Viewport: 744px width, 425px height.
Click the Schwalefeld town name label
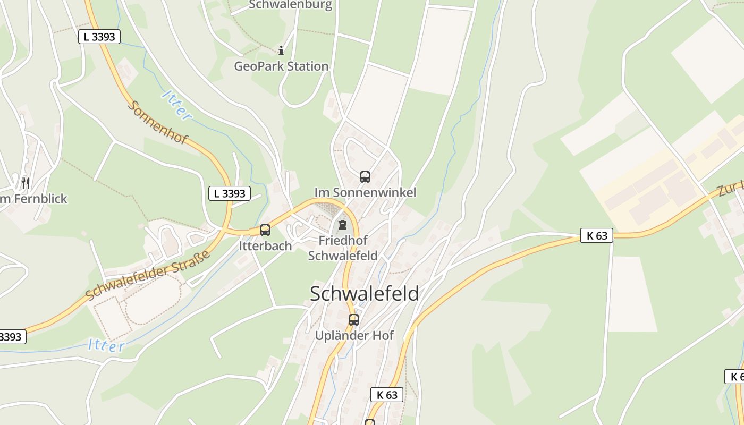click(x=364, y=293)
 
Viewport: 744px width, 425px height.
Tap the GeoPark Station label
click(x=281, y=66)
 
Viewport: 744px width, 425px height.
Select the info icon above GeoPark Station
click(x=281, y=51)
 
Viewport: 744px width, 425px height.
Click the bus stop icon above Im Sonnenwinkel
click(x=365, y=177)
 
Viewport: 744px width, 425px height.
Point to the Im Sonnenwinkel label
click(x=365, y=192)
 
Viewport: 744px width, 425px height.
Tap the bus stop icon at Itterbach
click(x=265, y=230)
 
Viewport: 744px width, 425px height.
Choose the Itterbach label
click(x=265, y=246)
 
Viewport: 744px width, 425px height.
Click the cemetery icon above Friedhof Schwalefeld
click(x=343, y=225)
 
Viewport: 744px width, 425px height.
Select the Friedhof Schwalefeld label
click(x=343, y=248)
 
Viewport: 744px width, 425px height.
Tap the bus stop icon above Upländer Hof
click(x=354, y=320)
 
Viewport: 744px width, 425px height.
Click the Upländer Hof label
click(x=354, y=336)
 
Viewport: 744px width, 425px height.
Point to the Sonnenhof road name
click(x=158, y=122)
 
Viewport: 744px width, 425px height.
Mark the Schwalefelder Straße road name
click(x=148, y=274)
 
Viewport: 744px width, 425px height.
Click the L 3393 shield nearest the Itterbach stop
click(x=229, y=193)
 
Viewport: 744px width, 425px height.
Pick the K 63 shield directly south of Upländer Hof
click(x=386, y=395)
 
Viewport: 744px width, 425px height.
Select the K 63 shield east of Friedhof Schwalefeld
click(x=596, y=235)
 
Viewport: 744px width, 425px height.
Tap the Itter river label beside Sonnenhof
click(x=176, y=105)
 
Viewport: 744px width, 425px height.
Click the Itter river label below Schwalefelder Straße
click(x=106, y=345)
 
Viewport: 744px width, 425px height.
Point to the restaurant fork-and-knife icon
click(x=25, y=183)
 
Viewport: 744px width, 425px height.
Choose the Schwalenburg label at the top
click(x=290, y=5)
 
